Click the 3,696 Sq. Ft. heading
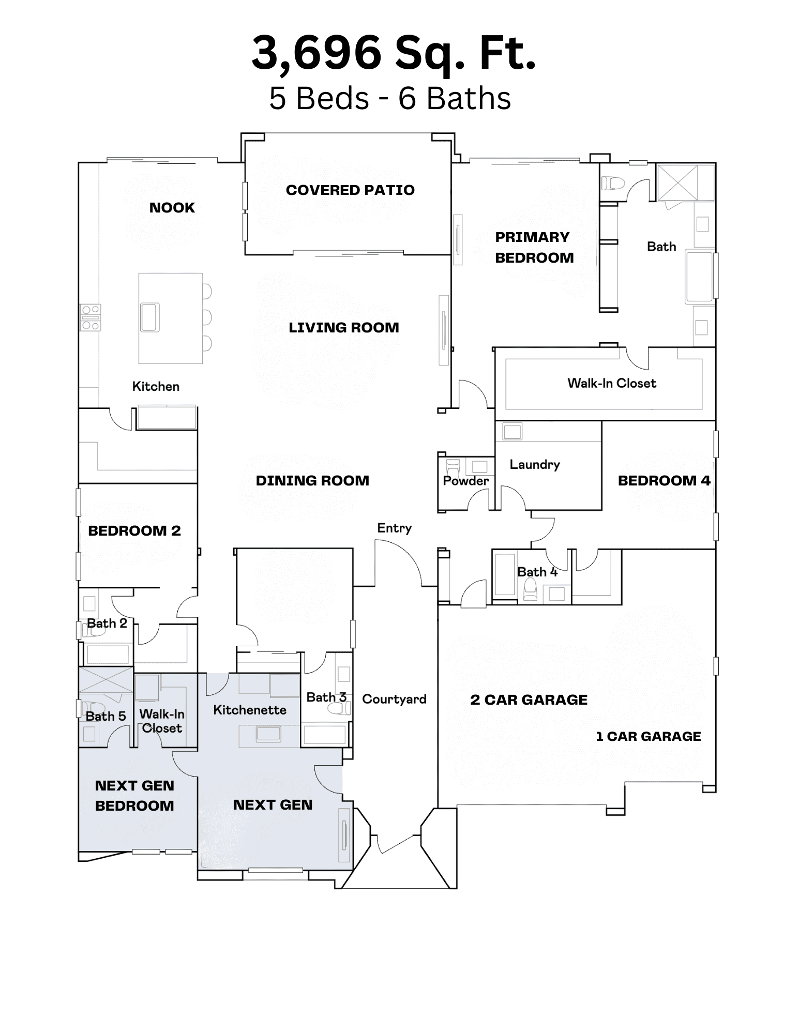[x=394, y=53]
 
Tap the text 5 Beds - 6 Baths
[x=390, y=98]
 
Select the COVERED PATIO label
[x=350, y=190]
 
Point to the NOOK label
[x=172, y=208]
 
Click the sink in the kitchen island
[x=150, y=317]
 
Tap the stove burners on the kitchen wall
[x=91, y=317]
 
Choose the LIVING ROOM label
[x=344, y=328]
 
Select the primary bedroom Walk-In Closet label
[x=612, y=383]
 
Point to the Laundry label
[x=535, y=465]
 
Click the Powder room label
[x=466, y=481]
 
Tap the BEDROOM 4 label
[x=664, y=481]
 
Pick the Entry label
[x=395, y=528]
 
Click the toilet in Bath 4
[x=530, y=589]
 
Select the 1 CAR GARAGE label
[x=649, y=737]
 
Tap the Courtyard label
[x=394, y=700]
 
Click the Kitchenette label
[x=250, y=710]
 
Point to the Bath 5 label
[x=105, y=717]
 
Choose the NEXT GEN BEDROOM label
[x=134, y=796]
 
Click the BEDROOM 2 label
[x=134, y=531]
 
